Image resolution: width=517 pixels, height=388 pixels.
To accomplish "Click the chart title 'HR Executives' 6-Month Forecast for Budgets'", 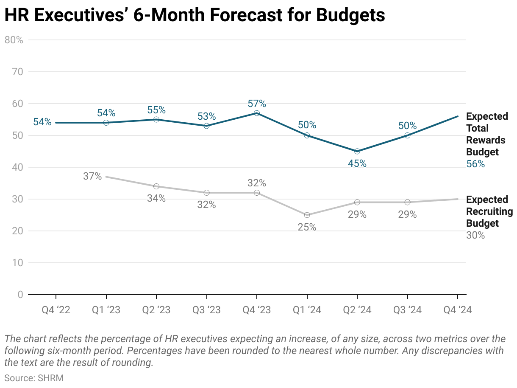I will [195, 15].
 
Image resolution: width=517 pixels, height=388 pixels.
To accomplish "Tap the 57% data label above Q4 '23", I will [257, 104].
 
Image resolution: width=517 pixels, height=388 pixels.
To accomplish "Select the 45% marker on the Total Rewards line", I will [357, 151].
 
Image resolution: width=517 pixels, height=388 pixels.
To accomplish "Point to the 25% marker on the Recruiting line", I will [307, 215].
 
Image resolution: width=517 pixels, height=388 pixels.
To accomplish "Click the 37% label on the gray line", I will [92, 176].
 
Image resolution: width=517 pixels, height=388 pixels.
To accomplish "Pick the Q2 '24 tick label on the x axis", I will [357, 310].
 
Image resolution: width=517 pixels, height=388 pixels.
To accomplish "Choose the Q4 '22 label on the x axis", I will [56, 310].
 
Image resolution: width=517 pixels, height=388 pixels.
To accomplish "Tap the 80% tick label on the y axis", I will [14, 40].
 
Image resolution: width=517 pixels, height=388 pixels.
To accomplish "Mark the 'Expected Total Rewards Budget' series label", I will [487, 134].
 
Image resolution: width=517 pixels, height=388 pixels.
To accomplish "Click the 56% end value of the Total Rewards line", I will [475, 164].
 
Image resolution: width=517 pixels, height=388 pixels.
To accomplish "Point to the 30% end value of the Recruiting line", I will [475, 235].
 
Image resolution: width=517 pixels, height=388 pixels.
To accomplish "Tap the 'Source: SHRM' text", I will [34, 378].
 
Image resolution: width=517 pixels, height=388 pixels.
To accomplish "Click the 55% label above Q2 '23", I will [156, 110].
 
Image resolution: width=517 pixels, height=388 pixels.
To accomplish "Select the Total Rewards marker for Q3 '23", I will [206, 126].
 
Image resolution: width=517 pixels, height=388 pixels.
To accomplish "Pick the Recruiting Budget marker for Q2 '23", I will [156, 186].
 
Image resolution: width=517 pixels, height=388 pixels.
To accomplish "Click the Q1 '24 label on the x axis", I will [307, 310].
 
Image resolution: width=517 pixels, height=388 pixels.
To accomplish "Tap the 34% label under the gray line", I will [156, 198].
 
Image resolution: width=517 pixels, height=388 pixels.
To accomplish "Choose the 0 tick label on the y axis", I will [20, 295].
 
